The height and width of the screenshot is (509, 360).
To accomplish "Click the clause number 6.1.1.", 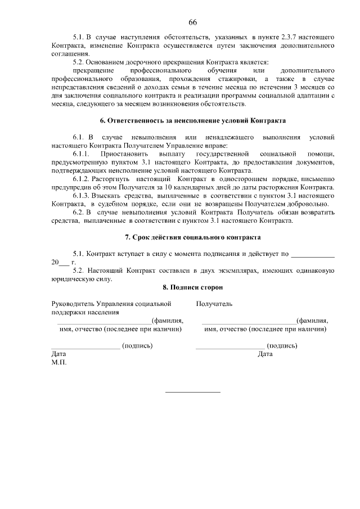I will (x=82, y=154).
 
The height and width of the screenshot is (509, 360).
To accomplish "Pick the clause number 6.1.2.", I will (x=82, y=179).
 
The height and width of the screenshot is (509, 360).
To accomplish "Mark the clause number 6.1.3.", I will (x=82, y=196).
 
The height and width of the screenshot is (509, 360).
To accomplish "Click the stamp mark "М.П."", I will (x=58, y=363).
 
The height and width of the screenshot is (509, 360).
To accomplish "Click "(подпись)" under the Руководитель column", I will (x=137, y=345).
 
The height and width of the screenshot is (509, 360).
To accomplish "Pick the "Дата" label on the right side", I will (x=265, y=354).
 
